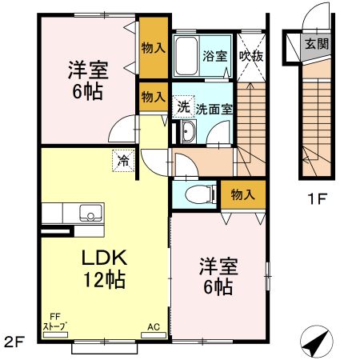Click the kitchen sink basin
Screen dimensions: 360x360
[x=89, y=214]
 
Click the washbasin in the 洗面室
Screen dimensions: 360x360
[x=188, y=133]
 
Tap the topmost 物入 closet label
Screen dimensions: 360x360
[x=152, y=48]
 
